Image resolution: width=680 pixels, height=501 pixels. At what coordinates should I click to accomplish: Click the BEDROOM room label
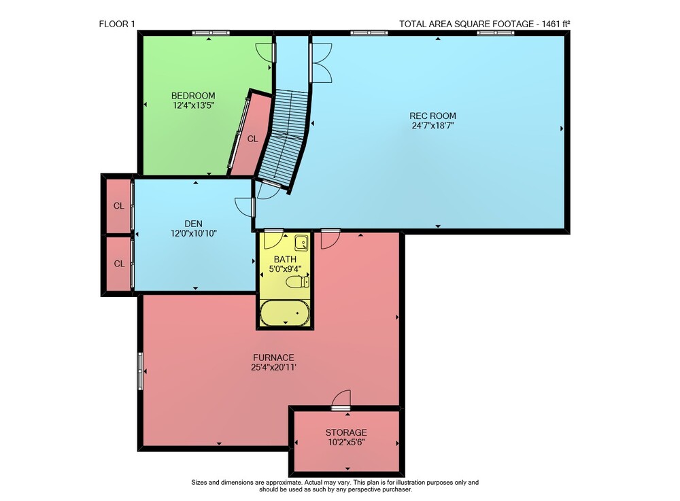click(x=193, y=96)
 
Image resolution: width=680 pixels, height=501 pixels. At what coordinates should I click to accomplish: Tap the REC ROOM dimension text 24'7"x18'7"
click(x=432, y=126)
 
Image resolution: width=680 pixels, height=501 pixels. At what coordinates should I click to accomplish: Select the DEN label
click(x=193, y=224)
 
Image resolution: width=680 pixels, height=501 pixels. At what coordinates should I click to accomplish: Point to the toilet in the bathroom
click(x=298, y=282)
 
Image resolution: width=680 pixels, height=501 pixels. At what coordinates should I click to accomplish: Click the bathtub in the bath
click(x=285, y=313)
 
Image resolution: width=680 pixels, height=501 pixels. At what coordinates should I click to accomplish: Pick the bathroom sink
click(x=302, y=243)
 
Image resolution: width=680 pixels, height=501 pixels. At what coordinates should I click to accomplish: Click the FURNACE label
click(x=273, y=358)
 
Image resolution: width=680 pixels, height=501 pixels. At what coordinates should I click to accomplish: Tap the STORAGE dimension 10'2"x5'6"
click(x=346, y=443)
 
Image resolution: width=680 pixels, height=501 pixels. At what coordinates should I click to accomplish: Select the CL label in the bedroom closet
click(x=252, y=139)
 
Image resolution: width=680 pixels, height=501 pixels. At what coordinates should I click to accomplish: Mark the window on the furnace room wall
click(x=140, y=371)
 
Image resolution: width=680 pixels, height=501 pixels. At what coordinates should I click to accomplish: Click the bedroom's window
click(x=211, y=33)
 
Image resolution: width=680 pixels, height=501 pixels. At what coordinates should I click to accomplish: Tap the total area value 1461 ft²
click(x=553, y=24)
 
